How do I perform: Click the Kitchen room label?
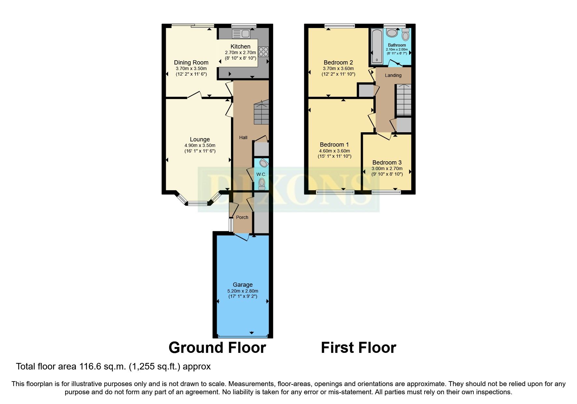pyautogui.click(x=240, y=47)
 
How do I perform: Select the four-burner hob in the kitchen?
pyautogui.click(x=263, y=52)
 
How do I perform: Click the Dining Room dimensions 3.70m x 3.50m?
pyautogui.click(x=191, y=69)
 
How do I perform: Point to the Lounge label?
pyautogui.click(x=200, y=139)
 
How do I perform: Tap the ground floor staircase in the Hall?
pyautogui.click(x=261, y=112)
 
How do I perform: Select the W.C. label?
pyautogui.click(x=261, y=174)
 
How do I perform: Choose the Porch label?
pyautogui.click(x=242, y=217)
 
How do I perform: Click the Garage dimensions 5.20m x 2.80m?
pyautogui.click(x=243, y=291)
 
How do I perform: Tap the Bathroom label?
pyautogui.click(x=397, y=45)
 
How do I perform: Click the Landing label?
pyautogui.click(x=393, y=75)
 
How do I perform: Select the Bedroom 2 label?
pyautogui.click(x=338, y=63)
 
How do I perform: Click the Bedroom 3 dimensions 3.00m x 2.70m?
pyautogui.click(x=387, y=168)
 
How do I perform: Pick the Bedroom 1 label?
pyautogui.click(x=334, y=145)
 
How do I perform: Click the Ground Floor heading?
pyautogui.click(x=217, y=348)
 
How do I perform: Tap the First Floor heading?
pyautogui.click(x=358, y=348)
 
